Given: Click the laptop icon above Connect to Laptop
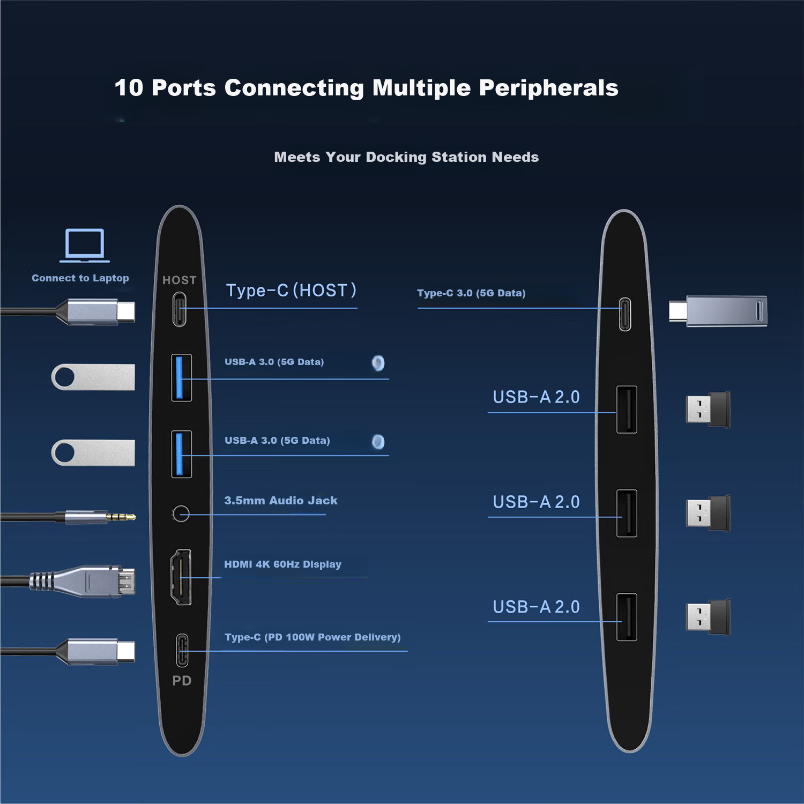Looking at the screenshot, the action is [x=85, y=245].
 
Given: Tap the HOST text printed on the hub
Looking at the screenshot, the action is [x=180, y=280].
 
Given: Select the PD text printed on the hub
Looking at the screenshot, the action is [x=182, y=681].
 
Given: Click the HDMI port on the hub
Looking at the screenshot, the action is [x=181, y=577].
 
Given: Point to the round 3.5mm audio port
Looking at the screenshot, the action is [x=181, y=514].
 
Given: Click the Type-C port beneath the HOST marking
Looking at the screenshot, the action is [x=180, y=309].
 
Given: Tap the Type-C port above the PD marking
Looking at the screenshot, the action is [x=182, y=650].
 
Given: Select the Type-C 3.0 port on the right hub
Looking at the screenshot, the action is [x=625, y=314].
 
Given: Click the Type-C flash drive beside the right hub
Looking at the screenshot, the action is [x=718, y=311].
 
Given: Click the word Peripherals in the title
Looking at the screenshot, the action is [x=549, y=88].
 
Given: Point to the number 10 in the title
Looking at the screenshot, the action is [x=129, y=88].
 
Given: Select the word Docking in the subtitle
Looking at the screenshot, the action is [x=396, y=157].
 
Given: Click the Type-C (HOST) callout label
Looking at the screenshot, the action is [x=291, y=291].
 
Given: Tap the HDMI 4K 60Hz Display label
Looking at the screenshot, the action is [x=282, y=564].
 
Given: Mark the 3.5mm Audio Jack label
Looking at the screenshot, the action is [x=281, y=501].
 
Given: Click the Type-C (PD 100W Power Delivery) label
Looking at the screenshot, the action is [x=312, y=637].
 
